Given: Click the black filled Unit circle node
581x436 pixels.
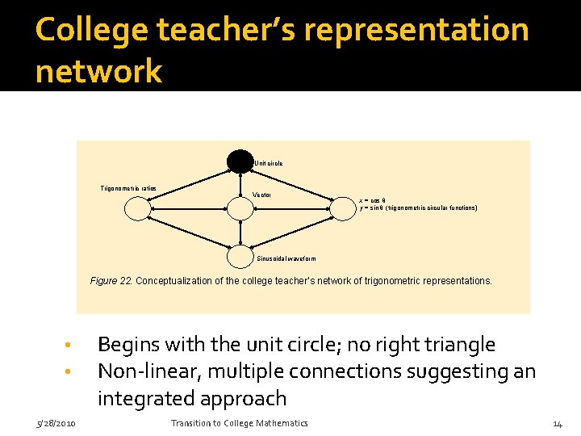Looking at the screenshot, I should point(240,161).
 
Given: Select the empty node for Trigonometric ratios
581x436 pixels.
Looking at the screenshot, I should point(138,209).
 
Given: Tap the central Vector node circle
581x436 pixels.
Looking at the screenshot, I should point(240,209).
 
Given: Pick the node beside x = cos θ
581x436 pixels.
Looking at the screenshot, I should point(344,209).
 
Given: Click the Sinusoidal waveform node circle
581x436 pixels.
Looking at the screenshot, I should point(240,257).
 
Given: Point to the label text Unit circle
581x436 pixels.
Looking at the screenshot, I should point(268,163).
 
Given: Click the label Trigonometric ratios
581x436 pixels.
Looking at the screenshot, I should point(128,188).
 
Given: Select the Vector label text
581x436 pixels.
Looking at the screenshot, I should point(262,195).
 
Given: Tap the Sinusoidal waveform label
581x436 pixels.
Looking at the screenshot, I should point(286,259).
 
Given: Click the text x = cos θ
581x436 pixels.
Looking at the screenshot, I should point(374,199).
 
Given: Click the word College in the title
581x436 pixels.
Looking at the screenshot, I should point(91,31).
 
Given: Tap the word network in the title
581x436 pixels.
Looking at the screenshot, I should point(98,71).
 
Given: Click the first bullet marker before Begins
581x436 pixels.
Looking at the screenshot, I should point(70,346).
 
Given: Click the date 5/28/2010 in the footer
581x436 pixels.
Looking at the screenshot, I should point(56,424).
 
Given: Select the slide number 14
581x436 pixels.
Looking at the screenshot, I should point(557,424).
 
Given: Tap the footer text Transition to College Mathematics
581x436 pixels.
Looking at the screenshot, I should point(239,424).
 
